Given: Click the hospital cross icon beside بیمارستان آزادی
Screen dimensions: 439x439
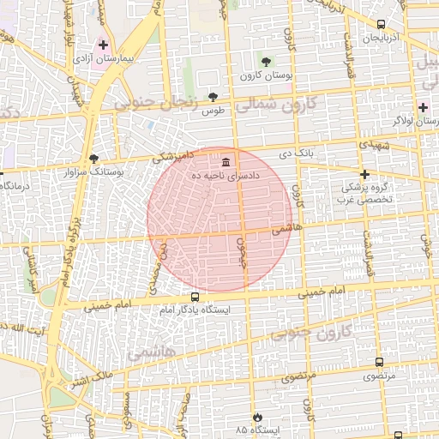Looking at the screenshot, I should tap(103, 44).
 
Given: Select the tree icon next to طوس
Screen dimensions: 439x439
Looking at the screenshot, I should tap(213, 97).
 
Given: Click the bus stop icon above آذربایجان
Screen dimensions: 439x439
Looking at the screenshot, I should tap(381, 24).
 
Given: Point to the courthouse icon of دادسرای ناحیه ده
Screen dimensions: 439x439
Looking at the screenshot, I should tap(226, 162).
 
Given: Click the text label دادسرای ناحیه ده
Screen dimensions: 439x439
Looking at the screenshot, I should tap(255, 174).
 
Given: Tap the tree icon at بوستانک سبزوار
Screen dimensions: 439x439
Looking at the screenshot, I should tap(93, 158).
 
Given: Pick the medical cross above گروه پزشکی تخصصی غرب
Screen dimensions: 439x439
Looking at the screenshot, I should tap(364, 173).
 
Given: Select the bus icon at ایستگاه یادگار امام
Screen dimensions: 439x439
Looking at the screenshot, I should tap(195, 297).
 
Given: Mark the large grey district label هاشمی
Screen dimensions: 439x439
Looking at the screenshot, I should tap(152, 352).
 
